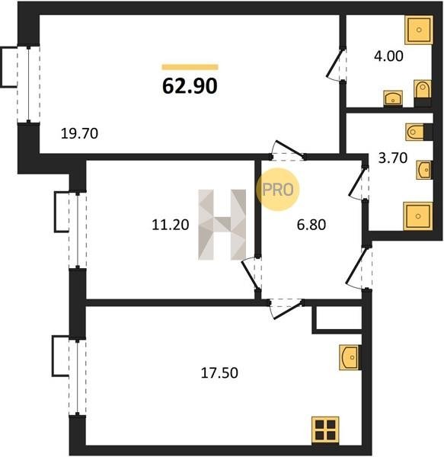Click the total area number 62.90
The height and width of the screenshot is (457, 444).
(x=190, y=86)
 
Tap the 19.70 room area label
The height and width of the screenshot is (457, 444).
(x=79, y=134)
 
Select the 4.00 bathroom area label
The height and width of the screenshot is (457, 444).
(x=388, y=56)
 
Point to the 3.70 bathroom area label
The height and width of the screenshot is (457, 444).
(x=392, y=158)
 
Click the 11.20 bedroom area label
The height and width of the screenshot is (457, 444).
(x=171, y=225)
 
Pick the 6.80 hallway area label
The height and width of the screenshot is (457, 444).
(x=311, y=225)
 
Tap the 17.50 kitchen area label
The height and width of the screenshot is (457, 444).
(x=219, y=372)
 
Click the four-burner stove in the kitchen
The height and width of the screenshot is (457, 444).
(x=325, y=430)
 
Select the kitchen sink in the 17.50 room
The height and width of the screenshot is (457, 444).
(x=350, y=358)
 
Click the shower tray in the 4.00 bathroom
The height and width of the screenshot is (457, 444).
(x=419, y=30)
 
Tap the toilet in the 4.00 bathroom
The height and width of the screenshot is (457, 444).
(x=422, y=90)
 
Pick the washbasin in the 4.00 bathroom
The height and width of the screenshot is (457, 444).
(x=393, y=98)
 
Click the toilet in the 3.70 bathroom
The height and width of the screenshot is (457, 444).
(x=415, y=132)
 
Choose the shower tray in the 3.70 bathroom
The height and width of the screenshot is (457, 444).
(x=418, y=216)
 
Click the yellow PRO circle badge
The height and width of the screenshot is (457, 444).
(x=278, y=190)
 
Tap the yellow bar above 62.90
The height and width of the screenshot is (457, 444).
(x=190, y=67)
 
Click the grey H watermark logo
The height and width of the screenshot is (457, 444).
(x=222, y=225)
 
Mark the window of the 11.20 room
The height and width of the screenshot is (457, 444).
(x=78, y=230)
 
